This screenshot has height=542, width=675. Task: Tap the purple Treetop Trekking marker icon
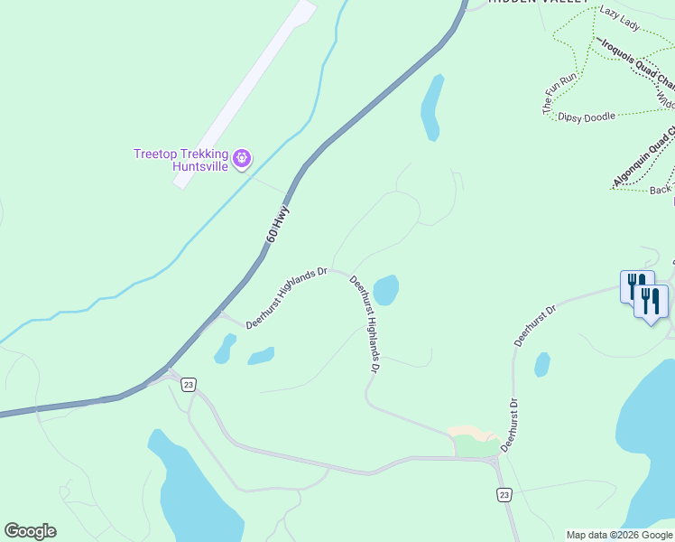pos(242,160)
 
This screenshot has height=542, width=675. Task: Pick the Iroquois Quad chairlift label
pos(635,63)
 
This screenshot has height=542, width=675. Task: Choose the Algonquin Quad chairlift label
pos(643,159)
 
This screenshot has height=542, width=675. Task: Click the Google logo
pos(30,531)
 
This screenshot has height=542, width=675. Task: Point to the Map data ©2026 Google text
pos(619,535)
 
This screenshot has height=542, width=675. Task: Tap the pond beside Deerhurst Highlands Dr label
pos(386,290)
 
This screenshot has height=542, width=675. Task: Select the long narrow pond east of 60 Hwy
pos(431,107)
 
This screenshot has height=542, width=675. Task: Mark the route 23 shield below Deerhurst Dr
pos(504,494)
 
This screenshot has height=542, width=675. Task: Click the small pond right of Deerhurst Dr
pos(541,364)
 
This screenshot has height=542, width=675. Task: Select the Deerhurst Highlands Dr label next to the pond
pos(365,324)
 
